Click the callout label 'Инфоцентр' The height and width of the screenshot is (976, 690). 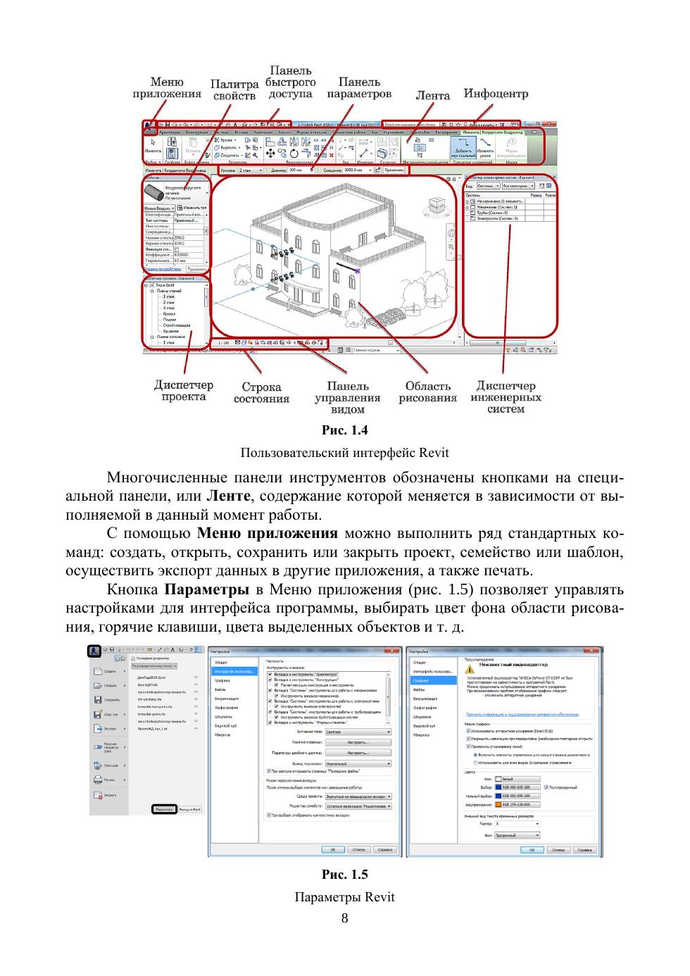point(495,93)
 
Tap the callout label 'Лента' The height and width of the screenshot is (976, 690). point(432,95)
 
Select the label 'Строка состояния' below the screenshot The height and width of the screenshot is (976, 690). point(261,392)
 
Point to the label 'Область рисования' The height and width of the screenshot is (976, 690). point(427,392)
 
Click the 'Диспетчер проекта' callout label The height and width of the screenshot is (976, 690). point(183,391)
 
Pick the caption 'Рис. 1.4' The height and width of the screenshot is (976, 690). point(344,430)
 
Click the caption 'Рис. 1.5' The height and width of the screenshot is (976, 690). point(344,875)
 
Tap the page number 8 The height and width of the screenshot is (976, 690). point(344,918)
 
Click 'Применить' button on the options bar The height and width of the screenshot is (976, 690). point(394,170)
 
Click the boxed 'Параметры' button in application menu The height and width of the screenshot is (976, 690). point(164,809)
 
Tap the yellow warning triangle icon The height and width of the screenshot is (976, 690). point(471,663)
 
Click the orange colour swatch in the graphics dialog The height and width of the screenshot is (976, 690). point(496,804)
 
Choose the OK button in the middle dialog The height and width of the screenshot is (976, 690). point(332,850)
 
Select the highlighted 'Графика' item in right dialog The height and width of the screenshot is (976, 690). point(432,680)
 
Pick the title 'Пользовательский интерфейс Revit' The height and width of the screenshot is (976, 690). point(344,452)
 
